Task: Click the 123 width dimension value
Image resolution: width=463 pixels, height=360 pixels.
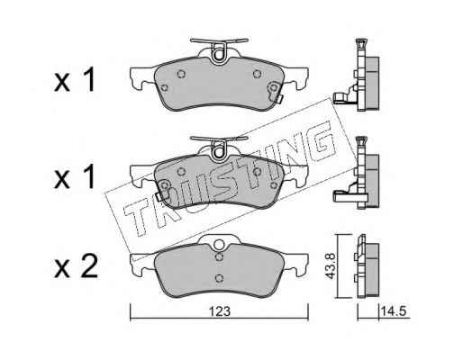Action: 220,311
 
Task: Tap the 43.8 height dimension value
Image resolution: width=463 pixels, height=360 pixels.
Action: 331,265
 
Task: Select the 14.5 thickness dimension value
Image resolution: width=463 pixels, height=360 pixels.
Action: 394,311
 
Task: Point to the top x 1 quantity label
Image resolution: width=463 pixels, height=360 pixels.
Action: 75,80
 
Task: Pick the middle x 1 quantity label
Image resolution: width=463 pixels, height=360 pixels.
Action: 75,177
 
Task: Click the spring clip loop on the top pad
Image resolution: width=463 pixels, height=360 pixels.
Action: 220,56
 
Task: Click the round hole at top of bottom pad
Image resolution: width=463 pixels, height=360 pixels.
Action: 219,245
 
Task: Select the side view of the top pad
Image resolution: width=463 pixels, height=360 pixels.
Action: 358,75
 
